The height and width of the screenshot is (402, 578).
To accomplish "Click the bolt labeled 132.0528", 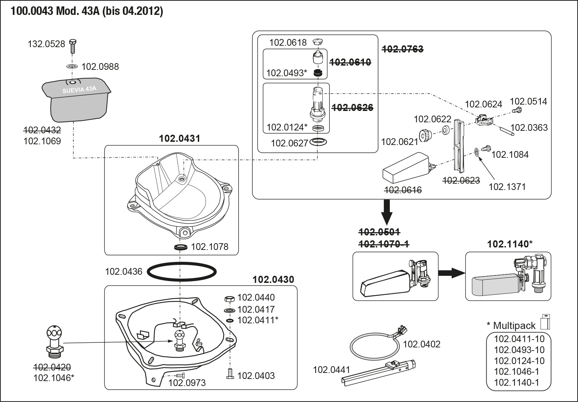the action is pyautogui.click(x=73, y=46).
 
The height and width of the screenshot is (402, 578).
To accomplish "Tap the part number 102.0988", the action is pyautogui.click(x=100, y=67).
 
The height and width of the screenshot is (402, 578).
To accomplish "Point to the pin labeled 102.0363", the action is pyautogui.click(x=507, y=131).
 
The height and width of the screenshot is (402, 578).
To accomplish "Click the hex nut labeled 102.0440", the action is pyautogui.click(x=229, y=299).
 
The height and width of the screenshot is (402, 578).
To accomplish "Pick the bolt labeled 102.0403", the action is pyautogui.click(x=230, y=374).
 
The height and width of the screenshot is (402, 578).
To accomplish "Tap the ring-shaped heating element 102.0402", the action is pyautogui.click(x=375, y=347).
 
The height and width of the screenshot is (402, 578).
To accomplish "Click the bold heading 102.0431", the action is pyautogui.click(x=180, y=138).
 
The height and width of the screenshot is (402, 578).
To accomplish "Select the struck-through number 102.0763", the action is pyautogui.click(x=403, y=49).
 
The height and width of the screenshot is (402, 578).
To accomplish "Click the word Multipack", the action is pyautogui.click(x=514, y=325).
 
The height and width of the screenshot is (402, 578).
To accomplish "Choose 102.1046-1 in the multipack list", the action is pyautogui.click(x=516, y=371).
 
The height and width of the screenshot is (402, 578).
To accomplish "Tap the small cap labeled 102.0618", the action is pyautogui.click(x=318, y=42).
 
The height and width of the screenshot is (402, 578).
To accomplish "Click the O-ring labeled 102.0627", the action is pyautogui.click(x=318, y=142).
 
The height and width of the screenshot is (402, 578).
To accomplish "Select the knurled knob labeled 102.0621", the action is pyautogui.click(x=425, y=135).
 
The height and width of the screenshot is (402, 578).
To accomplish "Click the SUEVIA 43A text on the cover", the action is pyautogui.click(x=80, y=89).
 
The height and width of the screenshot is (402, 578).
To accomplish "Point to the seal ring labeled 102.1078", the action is pyautogui.click(x=181, y=247).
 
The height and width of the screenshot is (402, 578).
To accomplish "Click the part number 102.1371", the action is pyautogui.click(x=507, y=187).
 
